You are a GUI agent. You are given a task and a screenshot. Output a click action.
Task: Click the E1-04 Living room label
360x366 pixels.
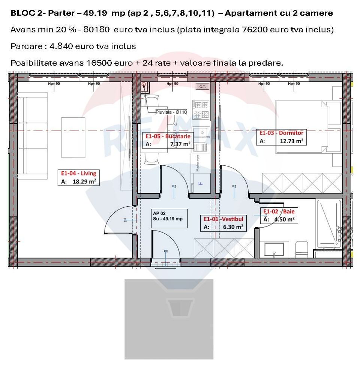point(78,173)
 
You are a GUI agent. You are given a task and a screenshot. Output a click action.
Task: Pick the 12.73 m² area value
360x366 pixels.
point(291,141)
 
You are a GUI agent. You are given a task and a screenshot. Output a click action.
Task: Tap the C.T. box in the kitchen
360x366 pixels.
point(202,87)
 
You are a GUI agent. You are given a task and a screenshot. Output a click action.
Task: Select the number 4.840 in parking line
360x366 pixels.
point(61,46)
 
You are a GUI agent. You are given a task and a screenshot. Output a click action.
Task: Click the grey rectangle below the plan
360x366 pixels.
point(169,319)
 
